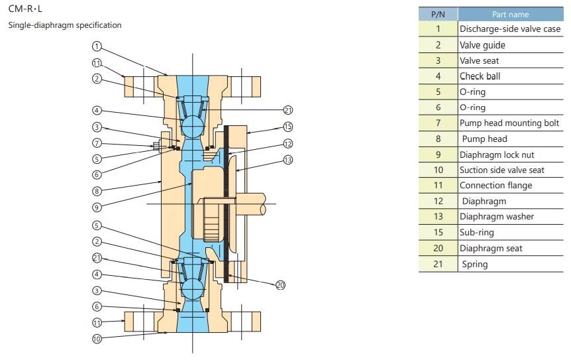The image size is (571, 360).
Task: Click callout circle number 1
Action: tap(97, 46)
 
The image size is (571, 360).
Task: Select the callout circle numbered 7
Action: tap(97, 143)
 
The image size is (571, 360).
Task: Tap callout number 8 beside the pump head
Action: tap(97, 190)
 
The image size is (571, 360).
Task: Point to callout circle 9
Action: tap(97, 208)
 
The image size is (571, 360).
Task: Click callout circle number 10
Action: tap(97, 339)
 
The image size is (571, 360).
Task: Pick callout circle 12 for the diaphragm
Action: tap(288, 144)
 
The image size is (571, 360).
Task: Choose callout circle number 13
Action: tap(288, 160)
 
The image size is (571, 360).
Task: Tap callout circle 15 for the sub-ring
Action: tap(288, 127)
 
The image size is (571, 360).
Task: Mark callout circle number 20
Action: tap(280, 285)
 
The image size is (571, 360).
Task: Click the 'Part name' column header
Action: tap(510, 14)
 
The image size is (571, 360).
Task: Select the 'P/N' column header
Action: tap(438, 14)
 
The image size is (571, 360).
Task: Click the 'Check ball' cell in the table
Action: tap(510, 76)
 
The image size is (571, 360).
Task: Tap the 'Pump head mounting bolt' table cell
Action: tap(510, 123)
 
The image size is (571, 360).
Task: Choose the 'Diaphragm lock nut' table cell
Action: tap(510, 154)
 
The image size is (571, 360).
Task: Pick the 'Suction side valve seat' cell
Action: tap(510, 170)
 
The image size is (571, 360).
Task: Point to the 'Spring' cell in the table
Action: tap(510, 264)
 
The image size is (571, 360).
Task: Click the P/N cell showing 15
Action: tap(438, 232)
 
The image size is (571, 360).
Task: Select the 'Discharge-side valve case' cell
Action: tap(510, 29)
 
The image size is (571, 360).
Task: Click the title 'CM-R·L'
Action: tap(25, 9)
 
